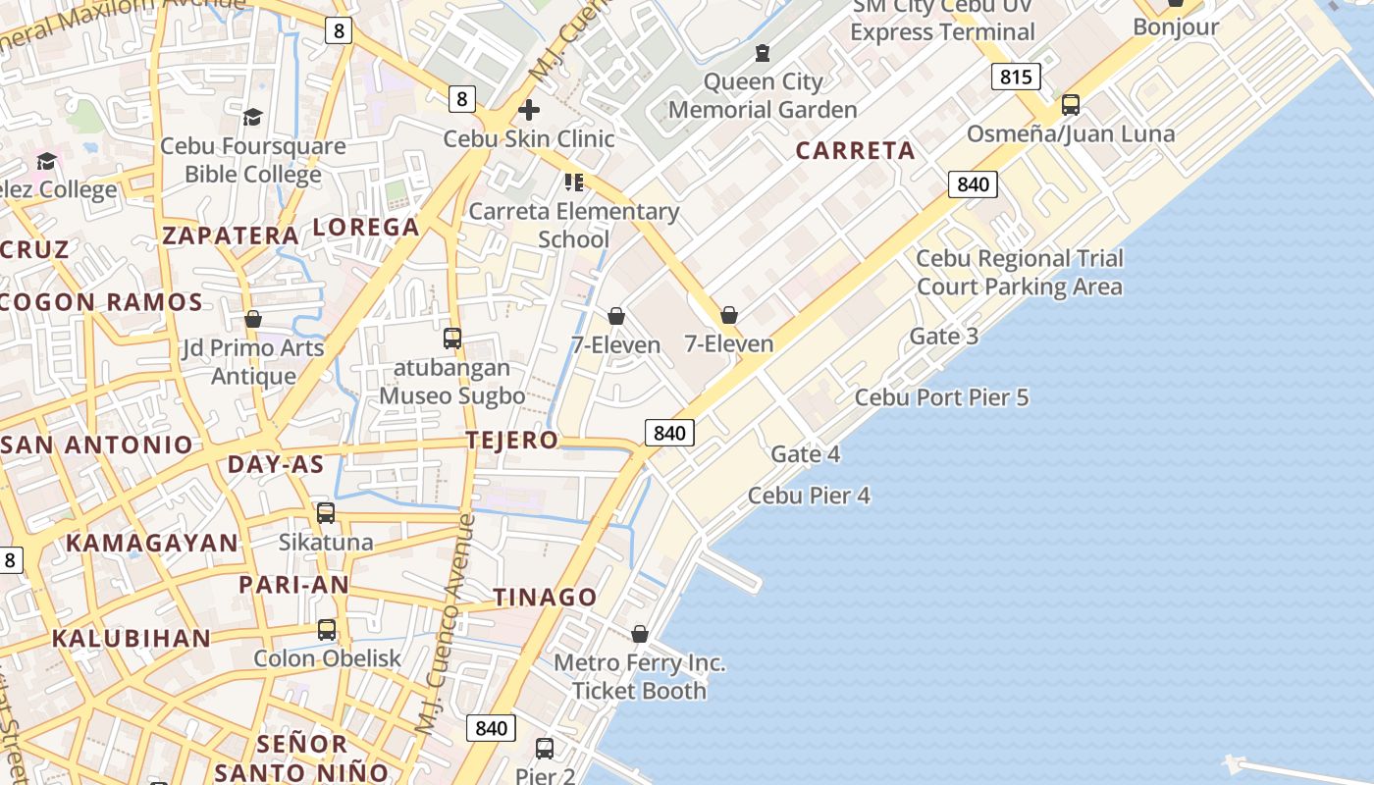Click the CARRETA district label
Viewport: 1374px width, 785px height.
(x=855, y=150)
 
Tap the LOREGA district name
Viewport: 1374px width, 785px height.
(x=366, y=227)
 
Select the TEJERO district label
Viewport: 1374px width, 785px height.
(x=512, y=440)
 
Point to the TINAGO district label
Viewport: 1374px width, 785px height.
(x=545, y=597)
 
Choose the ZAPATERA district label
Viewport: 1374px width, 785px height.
(x=231, y=235)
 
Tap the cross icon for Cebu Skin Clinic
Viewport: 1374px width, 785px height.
(x=529, y=109)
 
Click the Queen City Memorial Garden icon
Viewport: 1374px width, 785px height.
(x=763, y=53)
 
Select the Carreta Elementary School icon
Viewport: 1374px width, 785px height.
(x=574, y=182)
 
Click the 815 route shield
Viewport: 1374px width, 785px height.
(x=1015, y=77)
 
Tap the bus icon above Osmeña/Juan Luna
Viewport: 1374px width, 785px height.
(x=1071, y=104)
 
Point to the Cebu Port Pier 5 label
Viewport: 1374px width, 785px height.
(x=941, y=397)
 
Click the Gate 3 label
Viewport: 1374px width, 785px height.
(x=943, y=337)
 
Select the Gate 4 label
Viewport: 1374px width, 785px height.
(x=805, y=454)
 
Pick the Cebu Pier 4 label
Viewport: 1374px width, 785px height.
(x=809, y=496)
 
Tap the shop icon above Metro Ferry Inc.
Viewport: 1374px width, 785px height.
(x=640, y=634)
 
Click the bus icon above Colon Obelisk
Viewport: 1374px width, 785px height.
(x=327, y=629)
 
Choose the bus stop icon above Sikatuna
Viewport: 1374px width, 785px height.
(x=326, y=512)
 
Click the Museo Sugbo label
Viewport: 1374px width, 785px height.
(x=452, y=396)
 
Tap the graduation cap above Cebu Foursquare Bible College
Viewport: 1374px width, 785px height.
(x=253, y=117)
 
